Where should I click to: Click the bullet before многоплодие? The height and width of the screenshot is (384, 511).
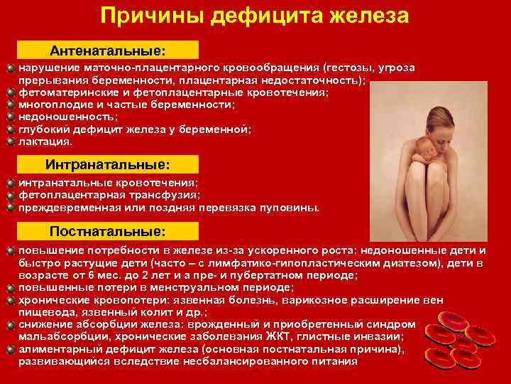pyautogui.click(x=10, y=104)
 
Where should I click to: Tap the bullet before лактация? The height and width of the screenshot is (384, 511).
pyautogui.click(x=10, y=142)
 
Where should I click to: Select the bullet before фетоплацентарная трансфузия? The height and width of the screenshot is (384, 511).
pyautogui.click(x=10, y=195)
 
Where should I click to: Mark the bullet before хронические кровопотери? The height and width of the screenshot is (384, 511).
pyautogui.click(x=10, y=300)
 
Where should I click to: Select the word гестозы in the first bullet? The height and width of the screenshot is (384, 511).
pyautogui.click(x=347, y=68)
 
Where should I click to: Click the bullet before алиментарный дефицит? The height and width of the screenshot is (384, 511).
pyautogui.click(x=10, y=349)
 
